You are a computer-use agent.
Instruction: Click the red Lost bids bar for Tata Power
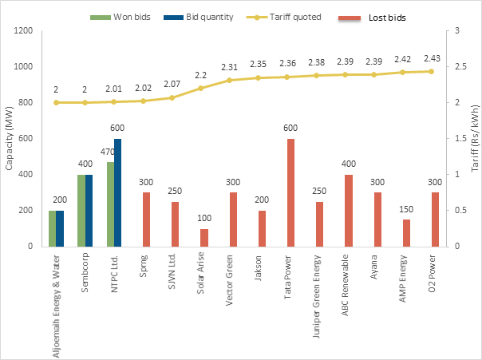point(290,192)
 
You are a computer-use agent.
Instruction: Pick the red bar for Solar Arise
point(204,237)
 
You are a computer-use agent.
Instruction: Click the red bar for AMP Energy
point(406,232)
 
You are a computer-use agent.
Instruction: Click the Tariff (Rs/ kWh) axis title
point(474,138)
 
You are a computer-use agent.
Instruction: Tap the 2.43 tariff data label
point(435,58)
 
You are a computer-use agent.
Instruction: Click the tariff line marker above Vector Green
point(233,80)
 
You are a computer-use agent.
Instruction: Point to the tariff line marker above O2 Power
point(435,71)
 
